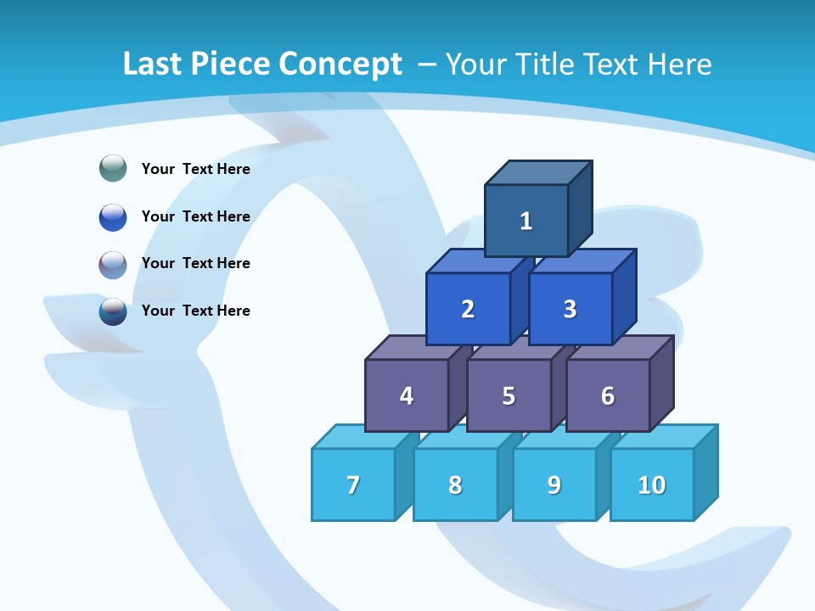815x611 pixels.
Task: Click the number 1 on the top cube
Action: click(x=526, y=221)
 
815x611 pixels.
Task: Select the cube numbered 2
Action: click(x=468, y=309)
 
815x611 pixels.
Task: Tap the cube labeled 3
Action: click(x=570, y=309)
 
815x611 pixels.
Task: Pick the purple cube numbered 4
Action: click(x=407, y=395)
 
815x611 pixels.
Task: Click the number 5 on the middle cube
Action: click(x=509, y=395)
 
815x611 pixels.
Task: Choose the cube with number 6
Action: click(x=608, y=395)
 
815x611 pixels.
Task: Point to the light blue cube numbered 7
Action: click(x=353, y=485)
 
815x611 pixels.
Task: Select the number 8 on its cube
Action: click(x=455, y=485)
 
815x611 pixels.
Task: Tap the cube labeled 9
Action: click(x=554, y=485)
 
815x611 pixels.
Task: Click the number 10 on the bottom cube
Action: click(x=652, y=485)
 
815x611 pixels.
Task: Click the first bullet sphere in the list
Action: click(x=113, y=169)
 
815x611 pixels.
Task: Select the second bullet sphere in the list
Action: click(x=113, y=216)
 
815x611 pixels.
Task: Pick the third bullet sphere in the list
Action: click(x=113, y=264)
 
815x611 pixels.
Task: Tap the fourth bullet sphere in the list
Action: click(x=113, y=311)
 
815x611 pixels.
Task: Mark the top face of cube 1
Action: click(x=537, y=172)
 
